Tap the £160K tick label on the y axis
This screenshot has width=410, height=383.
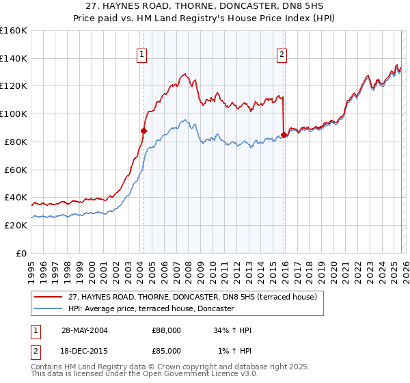pyautogui.click(x=14, y=31)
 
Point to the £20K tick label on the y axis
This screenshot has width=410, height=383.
pyautogui.click(x=16, y=225)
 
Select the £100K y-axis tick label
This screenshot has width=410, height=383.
pyautogui.click(x=14, y=114)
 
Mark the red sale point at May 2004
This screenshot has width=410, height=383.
pyautogui.click(x=143, y=131)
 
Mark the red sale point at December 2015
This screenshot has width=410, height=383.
pyautogui.click(x=284, y=135)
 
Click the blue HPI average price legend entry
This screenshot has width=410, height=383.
pyautogui.click(x=151, y=309)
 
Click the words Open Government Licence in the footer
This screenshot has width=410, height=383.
pyautogui.click(x=188, y=375)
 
